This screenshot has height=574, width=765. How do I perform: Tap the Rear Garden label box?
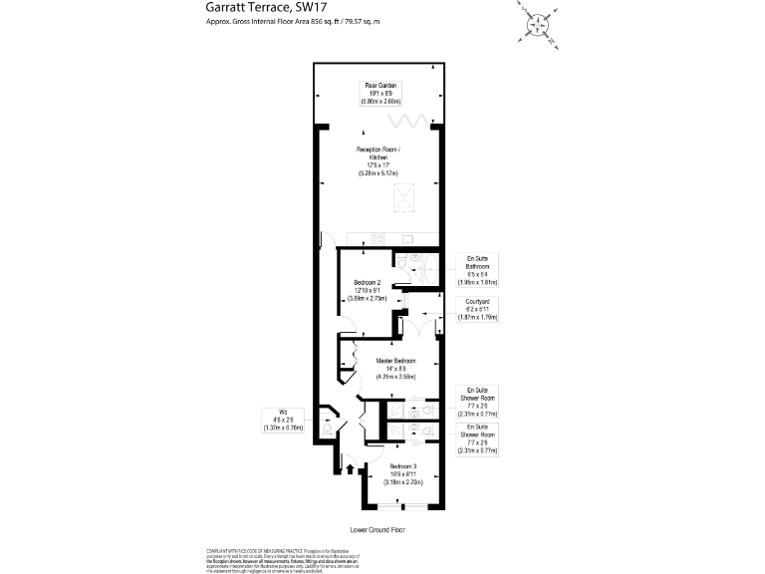(x=381, y=93)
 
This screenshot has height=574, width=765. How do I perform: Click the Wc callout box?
(x=283, y=420)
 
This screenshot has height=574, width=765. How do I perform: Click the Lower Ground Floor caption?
(x=379, y=530)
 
